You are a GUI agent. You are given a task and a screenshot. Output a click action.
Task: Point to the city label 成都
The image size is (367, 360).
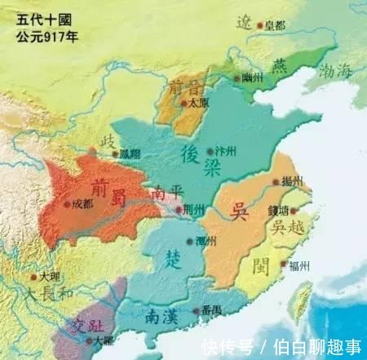(82, 204)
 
